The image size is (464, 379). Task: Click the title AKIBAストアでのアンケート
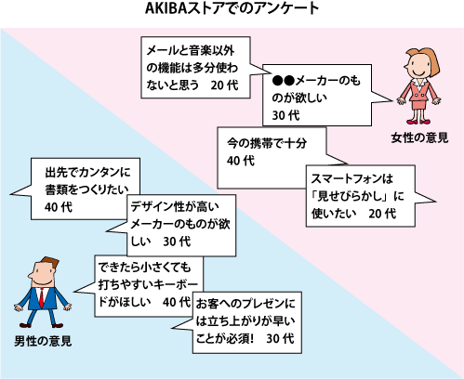click(x=232, y=8)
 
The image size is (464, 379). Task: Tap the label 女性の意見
click(x=419, y=137)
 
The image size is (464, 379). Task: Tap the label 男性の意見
click(x=43, y=341)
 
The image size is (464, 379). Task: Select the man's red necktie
click(x=41, y=297)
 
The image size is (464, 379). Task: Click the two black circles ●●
click(x=283, y=81)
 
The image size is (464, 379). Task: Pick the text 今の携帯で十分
click(x=267, y=143)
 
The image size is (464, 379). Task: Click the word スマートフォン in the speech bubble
click(x=342, y=178)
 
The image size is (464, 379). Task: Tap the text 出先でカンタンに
click(x=87, y=172)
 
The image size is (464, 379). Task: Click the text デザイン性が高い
click(x=175, y=206)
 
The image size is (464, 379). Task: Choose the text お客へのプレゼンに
click(x=245, y=304)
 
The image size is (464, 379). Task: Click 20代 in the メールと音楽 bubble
click(x=224, y=85)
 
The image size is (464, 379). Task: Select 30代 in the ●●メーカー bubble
click(x=285, y=115)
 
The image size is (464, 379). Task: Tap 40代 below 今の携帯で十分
click(x=241, y=161)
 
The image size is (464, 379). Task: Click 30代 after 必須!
click(x=280, y=338)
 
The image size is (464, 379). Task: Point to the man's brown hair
click(x=46, y=263)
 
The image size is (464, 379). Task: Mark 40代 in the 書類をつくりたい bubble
click(x=59, y=207)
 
